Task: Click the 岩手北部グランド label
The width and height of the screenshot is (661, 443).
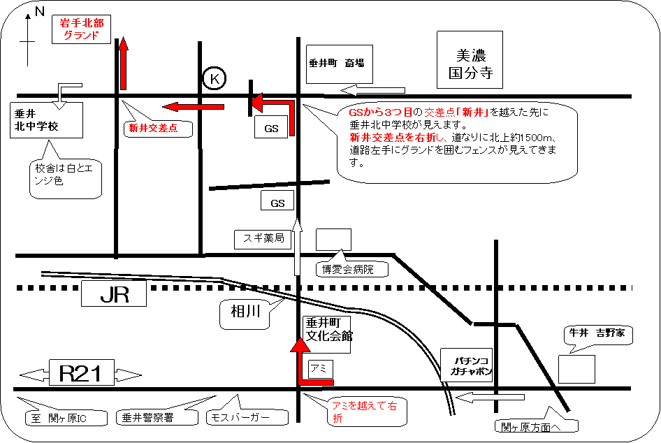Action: click(82, 29)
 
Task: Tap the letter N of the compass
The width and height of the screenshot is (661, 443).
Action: click(39, 10)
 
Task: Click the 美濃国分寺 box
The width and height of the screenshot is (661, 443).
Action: click(470, 61)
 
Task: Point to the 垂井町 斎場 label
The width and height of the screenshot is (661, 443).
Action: click(336, 63)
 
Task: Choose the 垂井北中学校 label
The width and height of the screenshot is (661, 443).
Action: click(46, 119)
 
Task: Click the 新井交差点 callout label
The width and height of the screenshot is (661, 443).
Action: click(154, 128)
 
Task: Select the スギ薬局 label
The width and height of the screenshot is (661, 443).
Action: click(263, 238)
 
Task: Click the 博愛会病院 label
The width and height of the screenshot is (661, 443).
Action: click(347, 268)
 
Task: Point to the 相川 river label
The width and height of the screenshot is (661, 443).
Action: click(245, 314)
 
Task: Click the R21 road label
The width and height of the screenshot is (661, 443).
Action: click(81, 373)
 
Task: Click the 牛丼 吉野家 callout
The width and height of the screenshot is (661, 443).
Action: click(597, 335)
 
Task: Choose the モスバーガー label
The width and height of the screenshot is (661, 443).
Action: click(248, 418)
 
